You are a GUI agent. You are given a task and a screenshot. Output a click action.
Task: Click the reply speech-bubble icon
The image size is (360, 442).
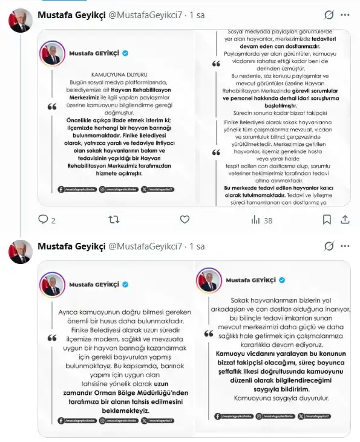(x=43, y=220)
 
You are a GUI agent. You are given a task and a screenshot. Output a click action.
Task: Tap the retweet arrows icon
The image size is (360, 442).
(x=113, y=220)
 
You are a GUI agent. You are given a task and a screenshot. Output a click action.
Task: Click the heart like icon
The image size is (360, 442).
(x=185, y=220)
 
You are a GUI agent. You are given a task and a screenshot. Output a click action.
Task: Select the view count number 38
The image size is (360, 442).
(x=268, y=221)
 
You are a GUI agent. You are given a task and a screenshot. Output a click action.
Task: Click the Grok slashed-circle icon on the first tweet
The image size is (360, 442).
(x=329, y=15)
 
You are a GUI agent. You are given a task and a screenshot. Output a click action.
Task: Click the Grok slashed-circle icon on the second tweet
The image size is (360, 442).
(x=329, y=246)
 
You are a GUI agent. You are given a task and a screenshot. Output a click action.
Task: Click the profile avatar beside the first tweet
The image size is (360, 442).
(x=20, y=21)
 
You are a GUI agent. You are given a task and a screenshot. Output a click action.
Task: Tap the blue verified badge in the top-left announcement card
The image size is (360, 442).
(x=126, y=53)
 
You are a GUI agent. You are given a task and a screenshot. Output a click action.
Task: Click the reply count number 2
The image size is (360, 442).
(x=54, y=221)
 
